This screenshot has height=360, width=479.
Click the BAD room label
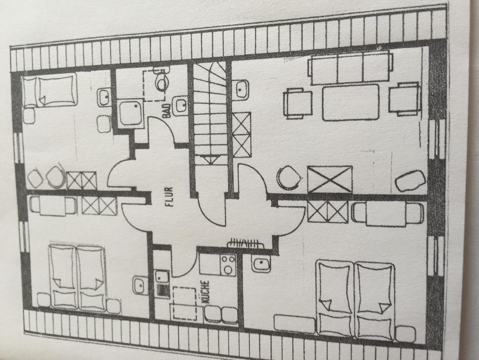168,110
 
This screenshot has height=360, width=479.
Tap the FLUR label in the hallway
169,197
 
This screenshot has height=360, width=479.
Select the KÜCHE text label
206,292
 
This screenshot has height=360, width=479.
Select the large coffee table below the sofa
351,103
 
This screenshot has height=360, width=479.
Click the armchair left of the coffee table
298,104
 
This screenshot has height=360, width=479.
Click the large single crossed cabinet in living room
329,179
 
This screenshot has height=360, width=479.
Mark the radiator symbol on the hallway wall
245,243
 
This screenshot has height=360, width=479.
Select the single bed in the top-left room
50,90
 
